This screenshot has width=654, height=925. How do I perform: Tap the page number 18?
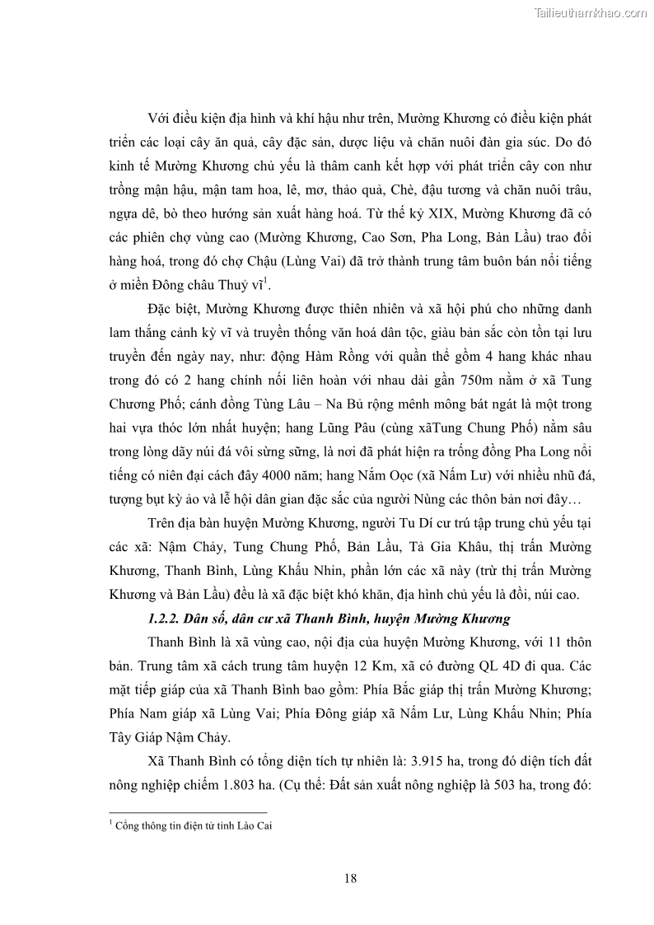tap(351, 878)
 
